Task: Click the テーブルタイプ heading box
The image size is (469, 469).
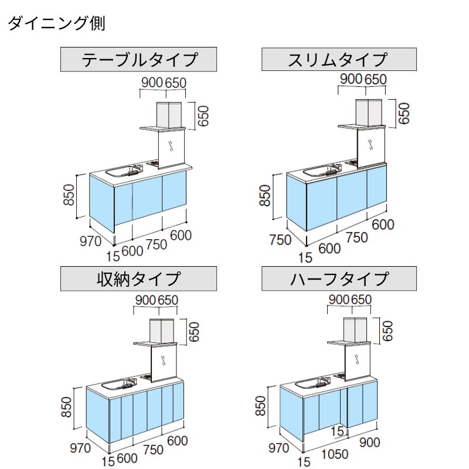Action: click(x=139, y=59)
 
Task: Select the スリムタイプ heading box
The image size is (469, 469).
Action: click(x=339, y=59)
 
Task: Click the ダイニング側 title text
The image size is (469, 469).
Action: click(x=56, y=24)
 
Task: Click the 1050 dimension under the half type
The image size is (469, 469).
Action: click(x=334, y=454)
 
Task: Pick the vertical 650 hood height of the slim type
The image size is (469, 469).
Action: click(x=403, y=113)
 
